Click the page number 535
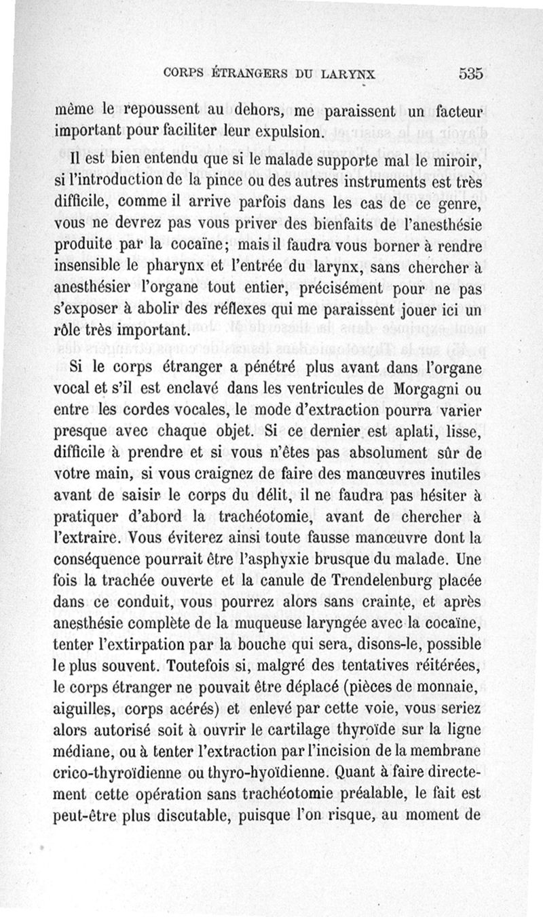coord(470,73)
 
